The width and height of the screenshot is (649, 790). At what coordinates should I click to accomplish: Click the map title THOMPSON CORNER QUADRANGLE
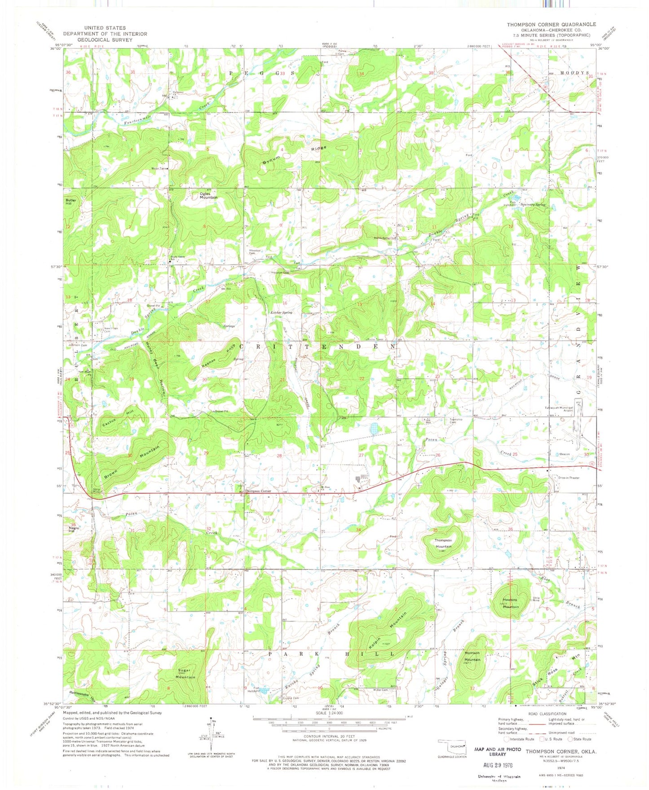pos(551,24)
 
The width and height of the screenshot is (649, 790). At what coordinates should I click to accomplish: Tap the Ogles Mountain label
pos(208,195)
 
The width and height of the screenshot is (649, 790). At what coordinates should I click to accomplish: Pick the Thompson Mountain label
pos(443,543)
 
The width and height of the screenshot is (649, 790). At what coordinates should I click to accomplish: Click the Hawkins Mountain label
pos(510,603)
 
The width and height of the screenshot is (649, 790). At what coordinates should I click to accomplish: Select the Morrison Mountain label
pos(472,656)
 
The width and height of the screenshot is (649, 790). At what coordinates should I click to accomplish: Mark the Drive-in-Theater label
pos(569,478)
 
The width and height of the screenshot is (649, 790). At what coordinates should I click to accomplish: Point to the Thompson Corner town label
pos(259,491)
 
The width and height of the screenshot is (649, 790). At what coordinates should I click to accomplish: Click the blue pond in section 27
pos(374,429)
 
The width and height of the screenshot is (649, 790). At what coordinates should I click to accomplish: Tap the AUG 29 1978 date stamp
pos(498,764)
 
